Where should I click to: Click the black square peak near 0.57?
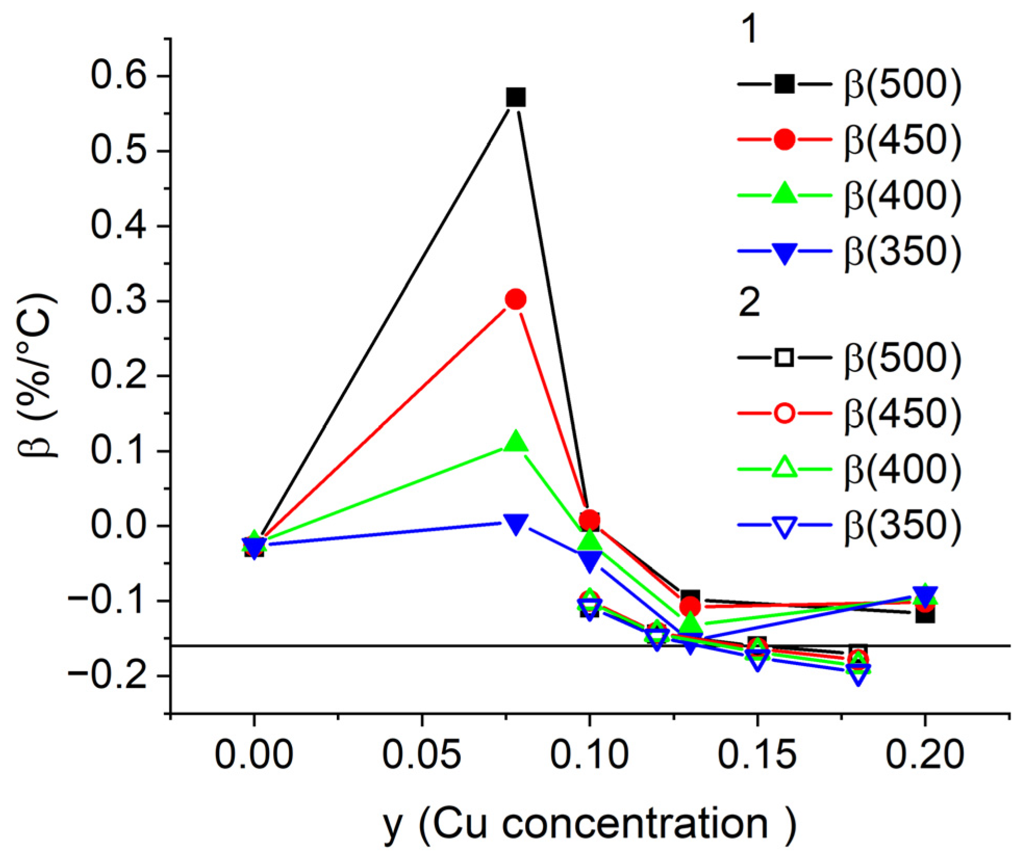515,97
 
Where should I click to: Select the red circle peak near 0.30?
515,299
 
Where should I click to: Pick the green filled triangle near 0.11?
515,442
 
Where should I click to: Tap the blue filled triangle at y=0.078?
515,524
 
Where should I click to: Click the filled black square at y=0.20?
925,615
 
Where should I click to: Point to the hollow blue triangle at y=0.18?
858,676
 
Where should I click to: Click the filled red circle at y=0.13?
690,606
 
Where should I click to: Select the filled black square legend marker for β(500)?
784,84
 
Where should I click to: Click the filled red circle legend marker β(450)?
784,139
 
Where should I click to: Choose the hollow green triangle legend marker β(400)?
784,468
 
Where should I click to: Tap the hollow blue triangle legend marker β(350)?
784,526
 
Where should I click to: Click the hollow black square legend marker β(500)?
784,358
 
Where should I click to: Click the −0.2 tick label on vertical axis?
107,676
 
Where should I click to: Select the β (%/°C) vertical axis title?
37,375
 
